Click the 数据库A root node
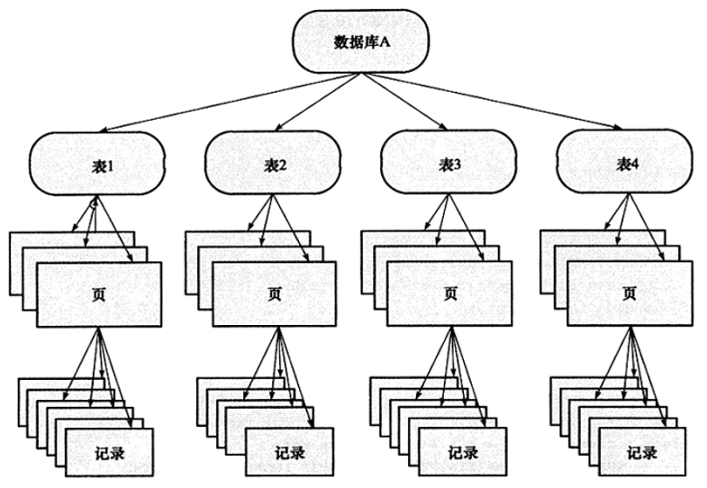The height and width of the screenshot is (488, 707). click(x=361, y=41)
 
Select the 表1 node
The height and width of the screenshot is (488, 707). click(x=97, y=164)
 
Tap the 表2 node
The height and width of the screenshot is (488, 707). click(x=273, y=163)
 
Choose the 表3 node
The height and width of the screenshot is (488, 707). click(x=449, y=162)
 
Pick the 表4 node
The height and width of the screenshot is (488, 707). click(x=624, y=161)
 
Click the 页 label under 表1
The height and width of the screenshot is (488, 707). click(x=98, y=294)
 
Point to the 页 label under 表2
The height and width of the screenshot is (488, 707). click(x=274, y=294)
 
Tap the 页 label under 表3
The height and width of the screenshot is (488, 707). click(x=449, y=294)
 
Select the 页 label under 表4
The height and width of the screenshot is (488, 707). click(x=629, y=294)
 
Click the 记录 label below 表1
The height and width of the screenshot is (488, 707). click(x=110, y=453)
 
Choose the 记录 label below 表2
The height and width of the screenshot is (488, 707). click(x=290, y=452)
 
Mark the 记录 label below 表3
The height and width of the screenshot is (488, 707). click(x=463, y=452)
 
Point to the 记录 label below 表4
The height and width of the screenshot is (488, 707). click(x=642, y=452)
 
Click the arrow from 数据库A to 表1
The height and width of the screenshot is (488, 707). click(x=229, y=102)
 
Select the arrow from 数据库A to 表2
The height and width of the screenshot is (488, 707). click(x=317, y=102)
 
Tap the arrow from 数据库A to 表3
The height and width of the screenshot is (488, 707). click(x=404, y=102)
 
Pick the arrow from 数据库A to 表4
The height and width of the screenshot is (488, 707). click(x=492, y=101)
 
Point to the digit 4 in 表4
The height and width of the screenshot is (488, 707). click(x=634, y=164)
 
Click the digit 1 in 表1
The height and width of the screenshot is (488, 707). click(x=111, y=167)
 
